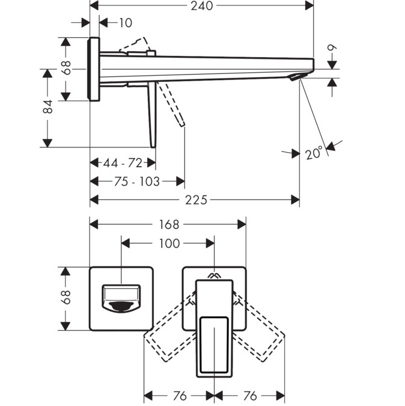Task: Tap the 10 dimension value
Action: pos(125,23)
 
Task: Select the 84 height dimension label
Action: pos(49,107)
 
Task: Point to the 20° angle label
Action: pos(314,153)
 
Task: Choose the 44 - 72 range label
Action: pos(123,163)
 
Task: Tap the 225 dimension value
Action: pos(195,200)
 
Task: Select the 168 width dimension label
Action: pos(169,224)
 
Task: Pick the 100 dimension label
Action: pos(169,243)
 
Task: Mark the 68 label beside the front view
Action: pos(66,297)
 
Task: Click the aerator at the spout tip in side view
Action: pos(294,77)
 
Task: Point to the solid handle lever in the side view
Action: pos(151,114)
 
